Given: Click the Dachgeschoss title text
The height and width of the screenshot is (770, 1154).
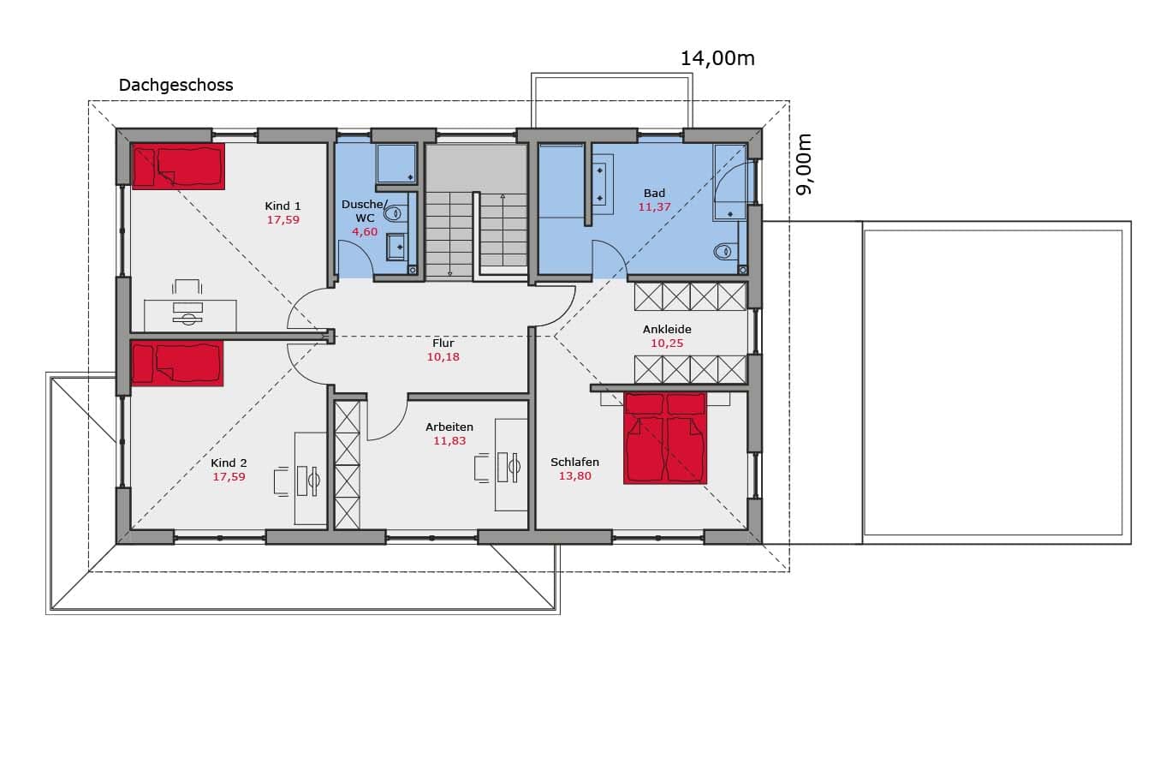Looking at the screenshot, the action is pyautogui.click(x=175, y=85).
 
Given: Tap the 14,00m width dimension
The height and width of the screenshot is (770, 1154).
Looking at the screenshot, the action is pyautogui.click(x=717, y=59).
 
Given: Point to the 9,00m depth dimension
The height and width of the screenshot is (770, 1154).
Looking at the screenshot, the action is pyautogui.click(x=804, y=164).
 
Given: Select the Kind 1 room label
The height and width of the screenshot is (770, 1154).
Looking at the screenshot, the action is pyautogui.click(x=283, y=206).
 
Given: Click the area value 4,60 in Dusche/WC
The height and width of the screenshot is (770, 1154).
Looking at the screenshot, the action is pyautogui.click(x=365, y=232).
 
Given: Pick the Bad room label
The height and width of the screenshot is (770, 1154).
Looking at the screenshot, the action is pyautogui.click(x=654, y=194).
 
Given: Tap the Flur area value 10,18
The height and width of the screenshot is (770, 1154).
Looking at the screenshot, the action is pyautogui.click(x=443, y=356).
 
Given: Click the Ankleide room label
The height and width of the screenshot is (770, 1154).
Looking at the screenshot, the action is pyautogui.click(x=667, y=329).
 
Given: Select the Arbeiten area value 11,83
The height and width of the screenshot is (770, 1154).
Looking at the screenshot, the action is pyautogui.click(x=449, y=440).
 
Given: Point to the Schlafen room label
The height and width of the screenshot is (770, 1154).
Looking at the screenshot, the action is pyautogui.click(x=574, y=463).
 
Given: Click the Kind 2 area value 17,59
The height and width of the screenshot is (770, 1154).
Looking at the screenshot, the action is pyautogui.click(x=229, y=477).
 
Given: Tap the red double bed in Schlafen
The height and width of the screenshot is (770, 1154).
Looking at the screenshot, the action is pyautogui.click(x=665, y=439).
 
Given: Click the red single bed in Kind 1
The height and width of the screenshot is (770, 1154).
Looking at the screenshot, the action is pyautogui.click(x=178, y=166).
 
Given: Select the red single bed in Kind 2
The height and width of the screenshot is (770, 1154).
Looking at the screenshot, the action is pyautogui.click(x=178, y=363).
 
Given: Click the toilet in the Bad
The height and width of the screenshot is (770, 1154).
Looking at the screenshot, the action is pyautogui.click(x=724, y=252).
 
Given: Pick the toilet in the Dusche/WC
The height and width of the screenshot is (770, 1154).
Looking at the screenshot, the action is pyautogui.click(x=395, y=213).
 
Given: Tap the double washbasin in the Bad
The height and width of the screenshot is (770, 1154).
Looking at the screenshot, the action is pyautogui.click(x=602, y=184).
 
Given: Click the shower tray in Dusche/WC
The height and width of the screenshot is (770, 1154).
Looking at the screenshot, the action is pyautogui.click(x=396, y=164).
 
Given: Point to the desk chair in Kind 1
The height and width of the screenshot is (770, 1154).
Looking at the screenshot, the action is pyautogui.click(x=187, y=287).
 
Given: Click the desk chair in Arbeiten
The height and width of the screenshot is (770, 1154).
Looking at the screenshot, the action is pyautogui.click(x=482, y=468).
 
